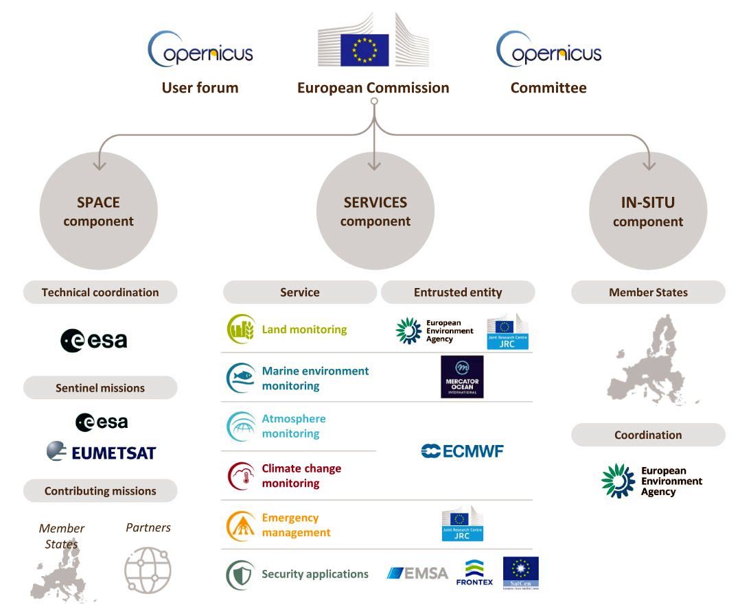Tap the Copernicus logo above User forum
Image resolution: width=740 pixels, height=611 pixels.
pyautogui.click(x=200, y=49)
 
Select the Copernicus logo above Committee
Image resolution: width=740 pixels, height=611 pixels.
pyautogui.click(x=548, y=49)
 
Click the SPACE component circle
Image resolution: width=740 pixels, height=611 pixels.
pyautogui.click(x=99, y=211)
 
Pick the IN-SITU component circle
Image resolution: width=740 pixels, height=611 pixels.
pyautogui.click(x=648, y=211)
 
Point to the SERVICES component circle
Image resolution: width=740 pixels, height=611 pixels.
pyautogui.click(x=375, y=211)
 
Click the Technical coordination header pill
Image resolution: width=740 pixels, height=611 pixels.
pyautogui.click(x=100, y=292)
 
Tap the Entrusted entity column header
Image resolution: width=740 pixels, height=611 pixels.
pyautogui.click(x=458, y=292)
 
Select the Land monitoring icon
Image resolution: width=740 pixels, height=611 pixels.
pyautogui.click(x=241, y=330)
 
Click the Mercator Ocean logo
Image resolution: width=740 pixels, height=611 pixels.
pyautogui.click(x=462, y=376)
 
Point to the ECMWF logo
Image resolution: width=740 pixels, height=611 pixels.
pyautogui.click(x=462, y=451)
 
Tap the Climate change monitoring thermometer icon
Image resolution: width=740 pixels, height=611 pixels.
pyautogui.click(x=241, y=476)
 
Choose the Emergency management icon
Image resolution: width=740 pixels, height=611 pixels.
pyautogui.click(x=241, y=525)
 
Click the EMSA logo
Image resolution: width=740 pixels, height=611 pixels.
pyautogui.click(x=417, y=573)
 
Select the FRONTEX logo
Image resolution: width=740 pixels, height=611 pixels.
pyautogui.click(x=474, y=573)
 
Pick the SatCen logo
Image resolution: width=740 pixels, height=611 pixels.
pyautogui.click(x=520, y=573)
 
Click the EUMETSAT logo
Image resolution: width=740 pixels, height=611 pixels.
pyautogui.click(x=101, y=452)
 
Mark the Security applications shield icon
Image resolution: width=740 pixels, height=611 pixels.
pyautogui.click(x=241, y=575)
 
